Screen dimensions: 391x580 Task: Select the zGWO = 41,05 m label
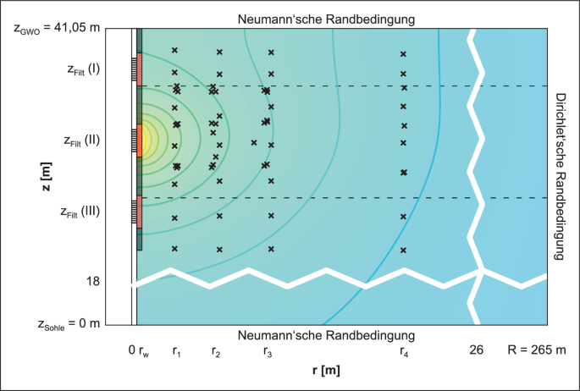(x=57, y=28)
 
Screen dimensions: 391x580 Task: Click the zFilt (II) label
(x=81, y=140)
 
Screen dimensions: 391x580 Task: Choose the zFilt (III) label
(x=81, y=212)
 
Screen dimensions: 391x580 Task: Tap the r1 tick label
(x=175, y=350)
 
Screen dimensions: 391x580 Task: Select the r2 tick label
(x=218, y=350)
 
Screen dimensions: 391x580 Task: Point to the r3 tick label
(x=268, y=350)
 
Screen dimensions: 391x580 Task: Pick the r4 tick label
(x=404, y=350)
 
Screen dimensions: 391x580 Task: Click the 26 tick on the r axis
(x=477, y=349)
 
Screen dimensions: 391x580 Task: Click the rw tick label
(x=143, y=350)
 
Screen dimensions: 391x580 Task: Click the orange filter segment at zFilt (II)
(x=140, y=140)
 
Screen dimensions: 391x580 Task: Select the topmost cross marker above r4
(x=403, y=54)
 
